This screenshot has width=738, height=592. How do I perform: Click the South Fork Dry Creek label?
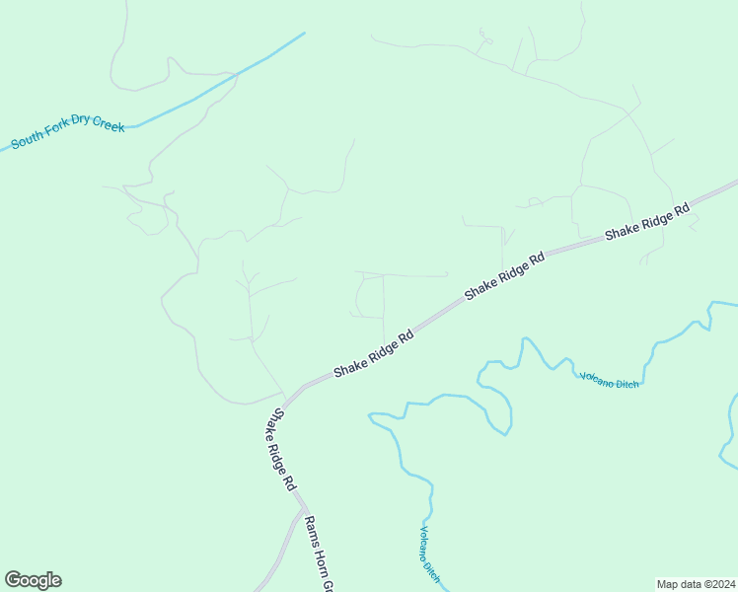point(68,135)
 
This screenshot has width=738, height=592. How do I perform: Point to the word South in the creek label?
point(28,142)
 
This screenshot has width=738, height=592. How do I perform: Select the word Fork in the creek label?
point(57,136)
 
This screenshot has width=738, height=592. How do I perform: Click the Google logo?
point(33,580)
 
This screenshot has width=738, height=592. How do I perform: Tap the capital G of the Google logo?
point(12,580)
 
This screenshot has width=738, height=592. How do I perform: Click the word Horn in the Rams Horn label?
point(321,560)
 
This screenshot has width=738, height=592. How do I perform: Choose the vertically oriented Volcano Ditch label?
point(428,553)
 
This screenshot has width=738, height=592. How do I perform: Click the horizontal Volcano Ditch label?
point(609,379)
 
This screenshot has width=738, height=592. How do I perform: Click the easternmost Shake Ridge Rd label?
point(647,222)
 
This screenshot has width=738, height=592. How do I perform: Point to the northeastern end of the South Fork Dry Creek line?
point(304,34)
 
